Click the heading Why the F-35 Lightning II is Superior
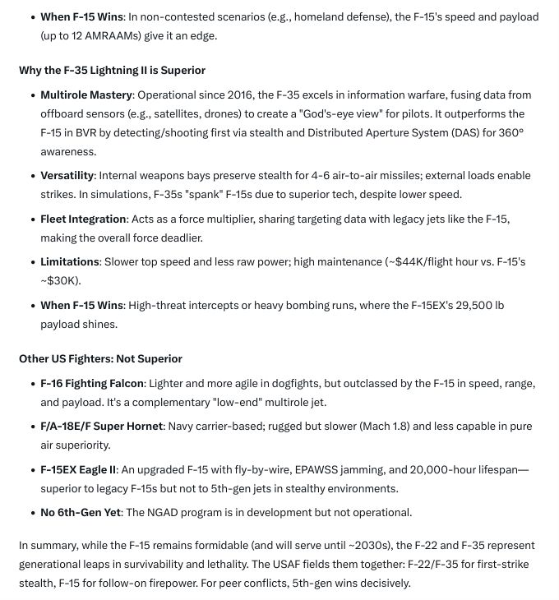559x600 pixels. pos(112,71)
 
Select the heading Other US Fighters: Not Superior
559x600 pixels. pos(100,359)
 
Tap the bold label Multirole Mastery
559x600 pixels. pos(86,95)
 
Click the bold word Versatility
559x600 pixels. pos(67,176)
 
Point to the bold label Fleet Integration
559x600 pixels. pos(83,219)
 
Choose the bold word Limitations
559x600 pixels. pos(70,262)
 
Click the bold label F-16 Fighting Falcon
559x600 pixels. pos(92,384)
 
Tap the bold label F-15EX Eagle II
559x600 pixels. pos(79,469)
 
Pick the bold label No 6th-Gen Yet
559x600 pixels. pos(80,513)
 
